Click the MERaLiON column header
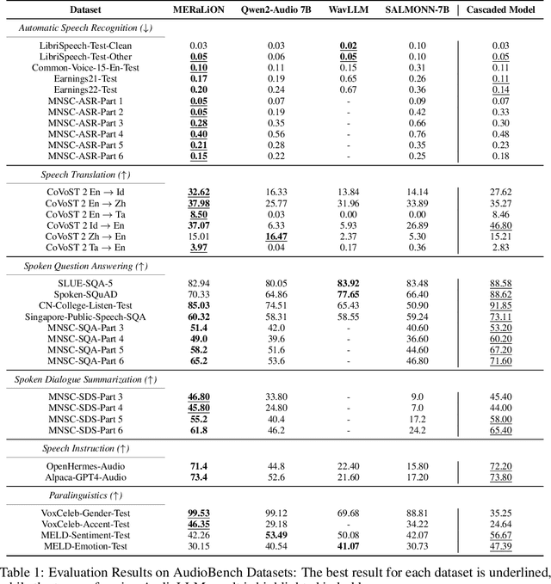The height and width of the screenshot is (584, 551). pos(199,9)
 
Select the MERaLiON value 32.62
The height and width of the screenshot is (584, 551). pos(199,192)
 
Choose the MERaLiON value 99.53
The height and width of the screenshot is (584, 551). pos(199,511)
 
